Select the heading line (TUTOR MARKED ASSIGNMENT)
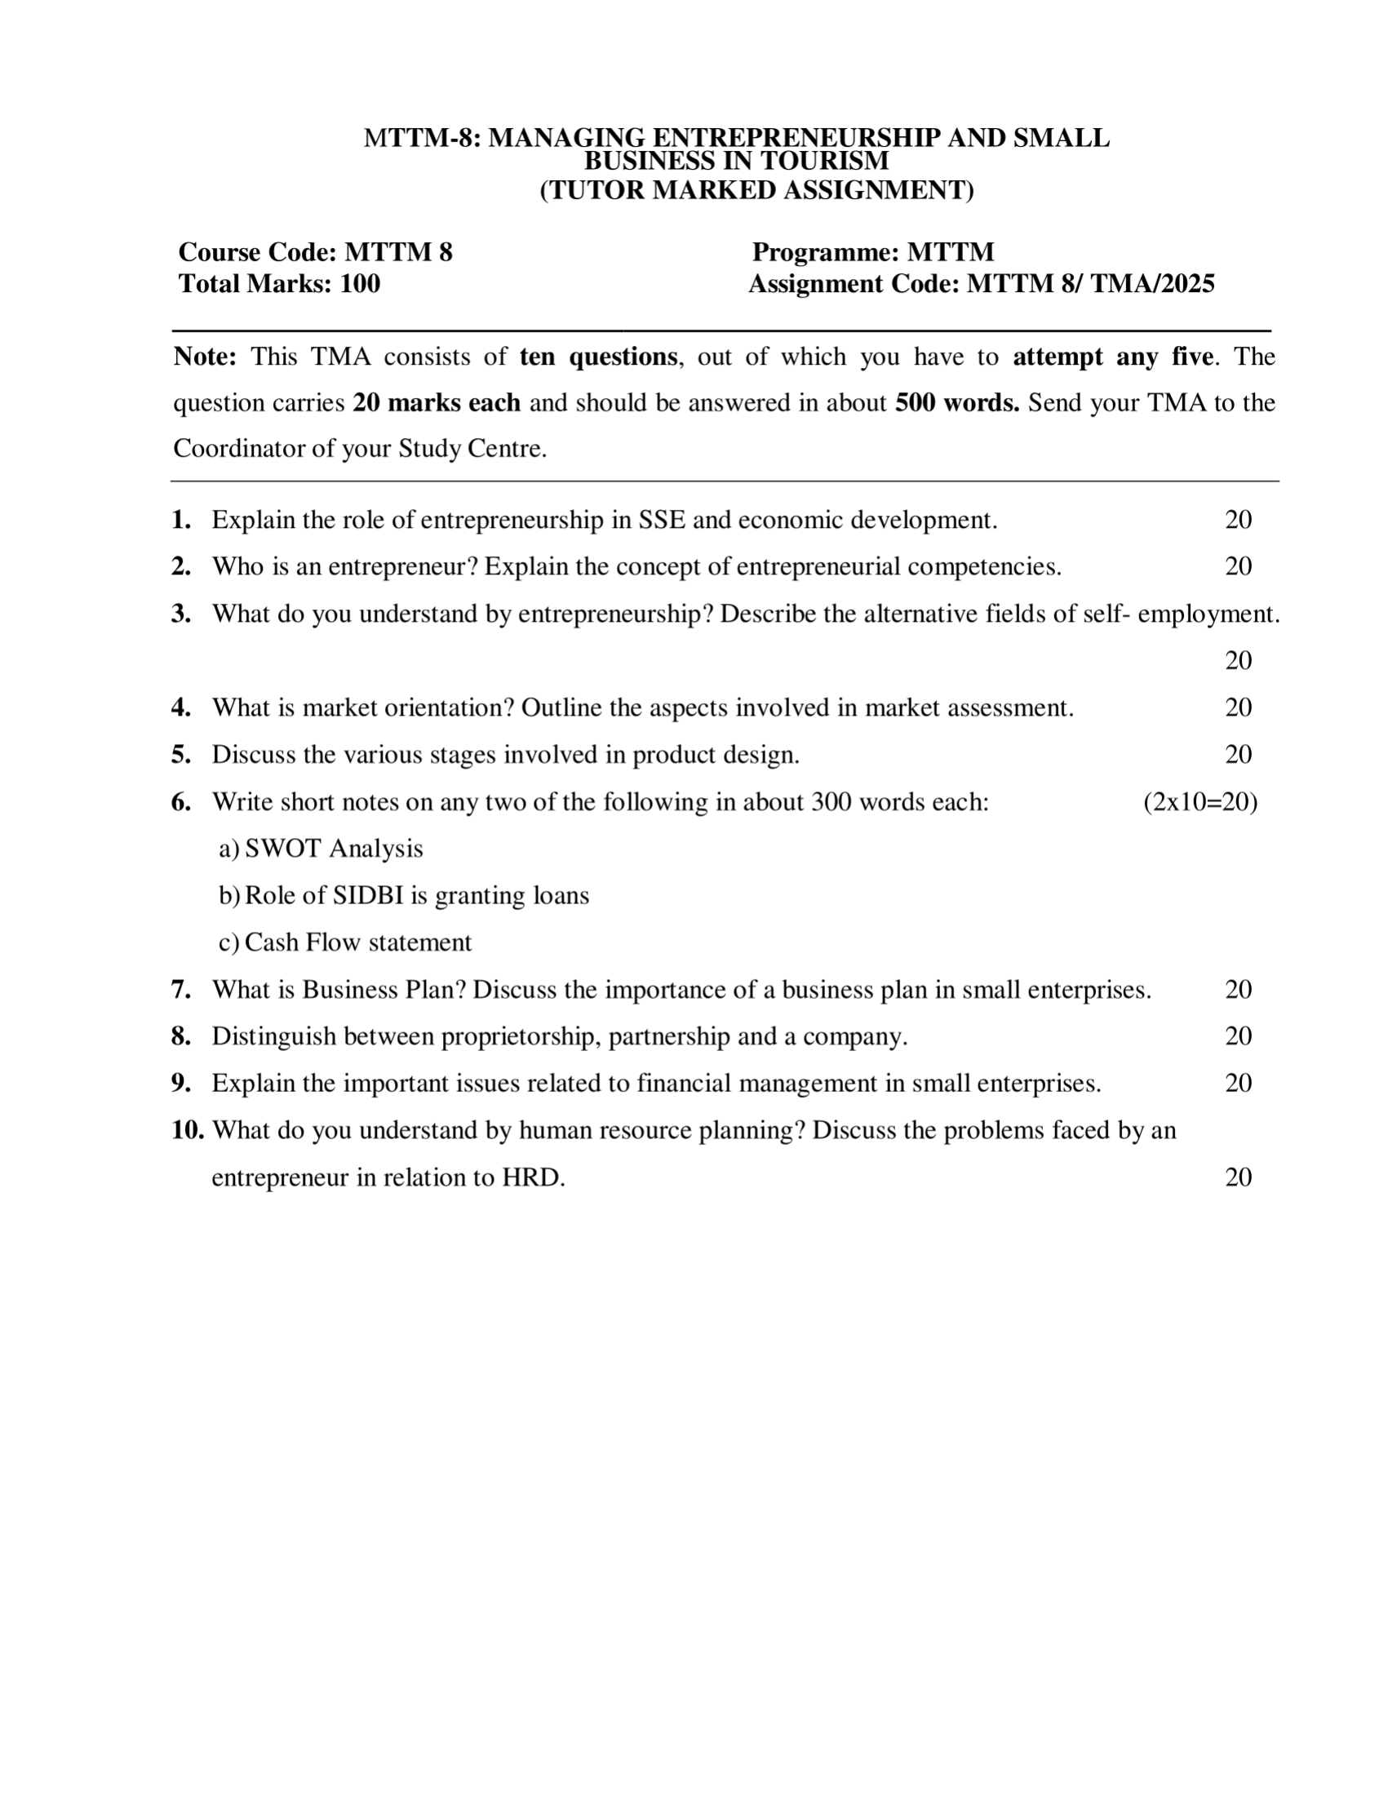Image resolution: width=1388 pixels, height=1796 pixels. click(756, 190)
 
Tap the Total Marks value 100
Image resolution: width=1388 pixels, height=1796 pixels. click(360, 284)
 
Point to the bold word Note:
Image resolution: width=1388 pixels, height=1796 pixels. click(205, 357)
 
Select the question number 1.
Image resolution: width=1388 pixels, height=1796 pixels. click(181, 520)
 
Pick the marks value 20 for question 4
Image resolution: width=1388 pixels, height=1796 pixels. click(1238, 707)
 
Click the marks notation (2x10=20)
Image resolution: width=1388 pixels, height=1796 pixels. click(1200, 802)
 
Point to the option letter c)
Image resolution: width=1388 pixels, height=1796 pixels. click(228, 942)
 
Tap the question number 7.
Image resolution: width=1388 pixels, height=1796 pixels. click(181, 989)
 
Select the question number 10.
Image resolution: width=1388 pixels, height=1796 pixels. click(188, 1130)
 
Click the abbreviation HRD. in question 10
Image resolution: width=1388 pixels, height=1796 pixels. click(534, 1177)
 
